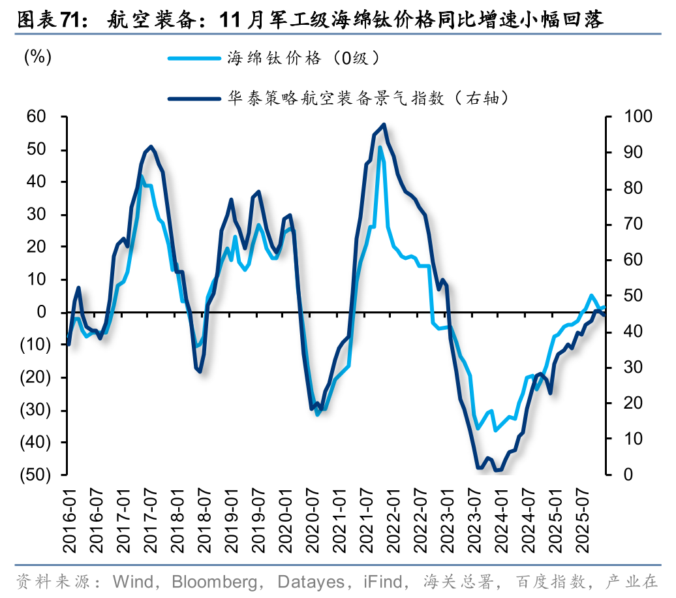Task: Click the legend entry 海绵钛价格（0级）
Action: (303, 58)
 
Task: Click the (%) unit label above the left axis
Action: (38, 57)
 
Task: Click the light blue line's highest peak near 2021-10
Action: (380, 148)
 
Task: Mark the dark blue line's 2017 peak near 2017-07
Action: (151, 146)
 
